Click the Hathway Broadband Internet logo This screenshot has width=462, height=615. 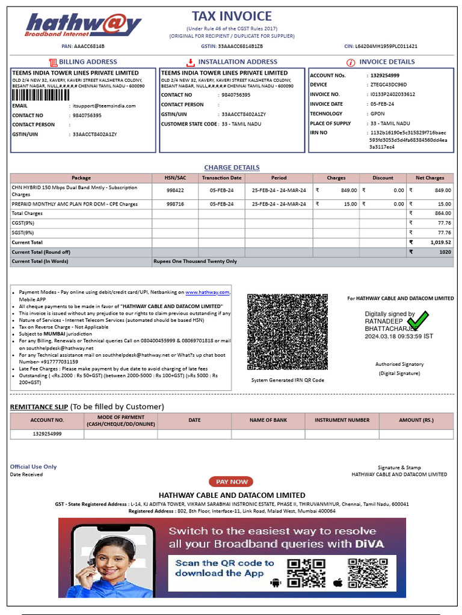coord(84,26)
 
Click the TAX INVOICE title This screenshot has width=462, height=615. coord(232,16)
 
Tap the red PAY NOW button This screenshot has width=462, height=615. coord(231,482)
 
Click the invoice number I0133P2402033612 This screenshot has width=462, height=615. coord(392,94)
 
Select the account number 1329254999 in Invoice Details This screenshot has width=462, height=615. coord(384,76)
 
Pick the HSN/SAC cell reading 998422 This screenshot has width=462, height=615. coord(175,190)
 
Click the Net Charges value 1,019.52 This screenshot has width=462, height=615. coord(440,242)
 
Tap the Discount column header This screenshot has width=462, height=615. coord(383,178)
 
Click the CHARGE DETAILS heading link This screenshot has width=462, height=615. coord(232,168)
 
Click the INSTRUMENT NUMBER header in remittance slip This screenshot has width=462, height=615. coord(342,420)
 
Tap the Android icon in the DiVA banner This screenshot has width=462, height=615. coord(276,582)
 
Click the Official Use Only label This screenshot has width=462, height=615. coord(33,467)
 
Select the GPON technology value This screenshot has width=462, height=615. coord(377,114)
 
